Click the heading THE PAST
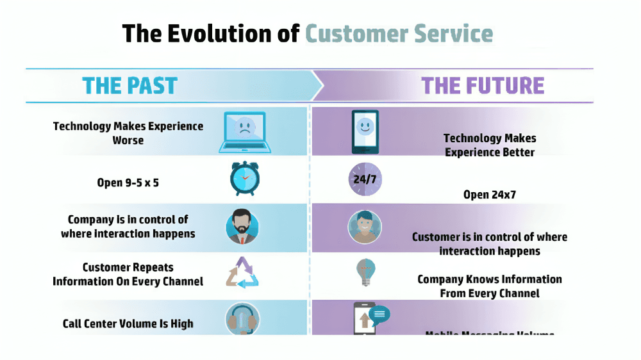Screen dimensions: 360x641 coord(129,86)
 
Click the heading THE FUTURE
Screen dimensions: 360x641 coord(483,86)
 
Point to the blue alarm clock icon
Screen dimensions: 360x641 coord(245,179)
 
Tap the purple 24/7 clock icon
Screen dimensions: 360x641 coord(365,179)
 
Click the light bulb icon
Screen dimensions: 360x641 coord(365,273)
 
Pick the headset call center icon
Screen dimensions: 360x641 coord(242,318)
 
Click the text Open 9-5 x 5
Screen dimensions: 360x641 coord(128,183)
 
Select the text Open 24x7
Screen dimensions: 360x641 coord(489,194)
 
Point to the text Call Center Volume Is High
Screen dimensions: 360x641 coord(128,323)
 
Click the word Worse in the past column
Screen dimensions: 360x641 coord(128,140)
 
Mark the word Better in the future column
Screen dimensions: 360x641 coord(519,152)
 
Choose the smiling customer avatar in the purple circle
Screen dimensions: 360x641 coord(365,226)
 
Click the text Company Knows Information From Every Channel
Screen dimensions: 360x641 coord(489,286)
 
